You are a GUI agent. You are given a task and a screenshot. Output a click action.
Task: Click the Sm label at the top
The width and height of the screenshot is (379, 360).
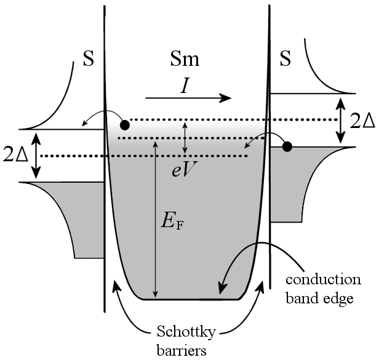point(188,61)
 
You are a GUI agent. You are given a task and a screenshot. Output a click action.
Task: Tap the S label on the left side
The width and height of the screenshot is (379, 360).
point(89,62)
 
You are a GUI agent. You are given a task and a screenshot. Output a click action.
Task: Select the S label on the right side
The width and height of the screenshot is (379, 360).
point(285,61)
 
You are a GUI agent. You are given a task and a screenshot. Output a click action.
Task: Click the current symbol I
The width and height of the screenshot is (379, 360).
point(184,86)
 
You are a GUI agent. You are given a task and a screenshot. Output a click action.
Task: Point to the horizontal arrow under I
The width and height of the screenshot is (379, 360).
point(188,98)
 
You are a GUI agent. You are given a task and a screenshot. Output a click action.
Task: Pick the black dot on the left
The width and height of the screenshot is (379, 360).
point(125,124)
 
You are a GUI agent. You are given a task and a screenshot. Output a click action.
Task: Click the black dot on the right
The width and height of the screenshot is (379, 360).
point(287,146)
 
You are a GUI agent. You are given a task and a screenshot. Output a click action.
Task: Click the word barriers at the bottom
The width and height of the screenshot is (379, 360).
point(188,351)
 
